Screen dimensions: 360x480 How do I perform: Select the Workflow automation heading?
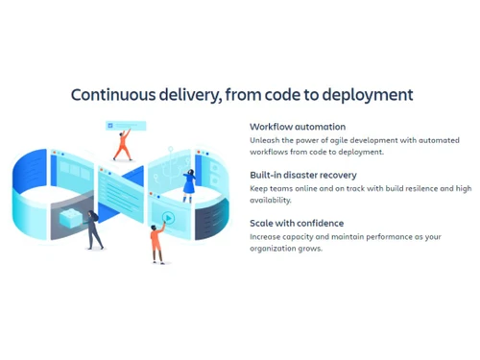(x=298, y=127)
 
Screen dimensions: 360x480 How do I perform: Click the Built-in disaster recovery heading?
(x=303, y=175)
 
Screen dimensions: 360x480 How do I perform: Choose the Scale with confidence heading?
(x=297, y=224)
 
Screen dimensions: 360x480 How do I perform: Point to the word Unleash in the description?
(x=264, y=140)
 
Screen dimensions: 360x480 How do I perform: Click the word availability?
(x=271, y=200)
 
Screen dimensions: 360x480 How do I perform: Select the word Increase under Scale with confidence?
(x=265, y=237)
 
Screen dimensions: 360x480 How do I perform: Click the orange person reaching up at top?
(x=122, y=145)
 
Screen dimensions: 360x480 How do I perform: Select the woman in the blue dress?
(x=189, y=184)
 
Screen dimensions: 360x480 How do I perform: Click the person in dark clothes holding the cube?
(x=93, y=228)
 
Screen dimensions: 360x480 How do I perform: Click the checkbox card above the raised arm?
(x=126, y=125)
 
